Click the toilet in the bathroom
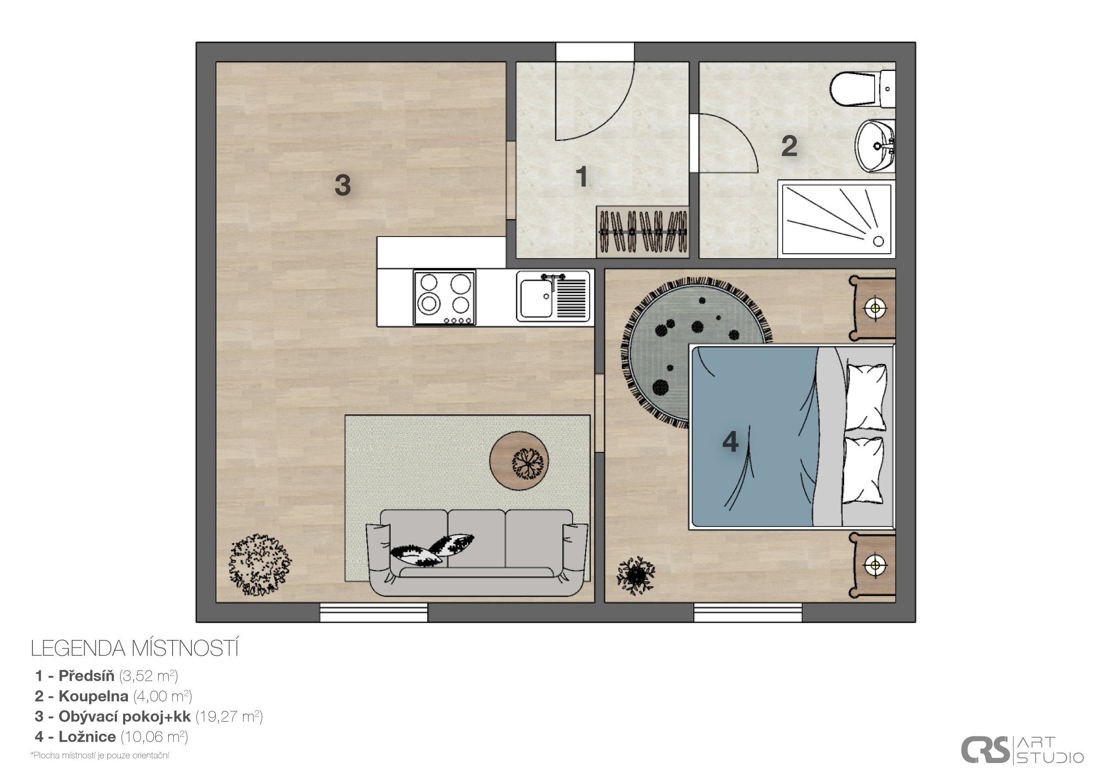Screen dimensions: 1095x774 tap(862, 89)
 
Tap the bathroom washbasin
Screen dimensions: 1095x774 tap(875, 145)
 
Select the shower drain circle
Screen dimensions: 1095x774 tap(879, 241)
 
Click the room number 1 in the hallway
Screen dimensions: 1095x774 tap(581, 177)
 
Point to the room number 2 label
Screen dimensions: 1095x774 tap(789, 146)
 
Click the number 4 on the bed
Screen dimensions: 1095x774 tap(731, 442)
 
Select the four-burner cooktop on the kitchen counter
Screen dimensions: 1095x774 tap(445, 298)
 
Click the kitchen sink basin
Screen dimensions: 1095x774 tap(536, 298)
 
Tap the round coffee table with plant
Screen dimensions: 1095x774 tap(519, 461)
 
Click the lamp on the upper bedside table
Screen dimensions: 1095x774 tap(875, 308)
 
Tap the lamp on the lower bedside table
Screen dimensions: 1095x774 tap(875, 565)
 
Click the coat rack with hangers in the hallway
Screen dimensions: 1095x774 tap(643, 232)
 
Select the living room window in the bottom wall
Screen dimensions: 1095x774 tap(374, 612)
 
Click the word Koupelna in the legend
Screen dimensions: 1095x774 tap(93, 696)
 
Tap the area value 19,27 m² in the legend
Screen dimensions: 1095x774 tap(229, 716)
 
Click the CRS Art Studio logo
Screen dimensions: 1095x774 tap(1021, 750)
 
